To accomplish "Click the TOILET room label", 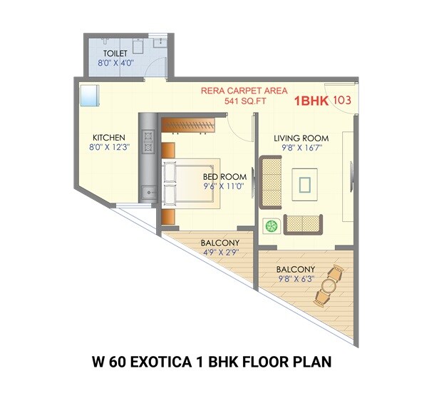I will click(x=115, y=54).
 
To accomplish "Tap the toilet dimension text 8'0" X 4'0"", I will click(x=115, y=64).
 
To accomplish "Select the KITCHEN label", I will click(x=109, y=138).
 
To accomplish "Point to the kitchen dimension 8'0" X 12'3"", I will click(x=109, y=148).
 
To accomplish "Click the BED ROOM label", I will click(x=224, y=177).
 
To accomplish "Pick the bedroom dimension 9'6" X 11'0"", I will click(x=224, y=187).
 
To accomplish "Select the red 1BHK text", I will click(x=311, y=101).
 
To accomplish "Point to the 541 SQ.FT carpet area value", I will click(x=244, y=101).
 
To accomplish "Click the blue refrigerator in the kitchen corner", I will click(x=89, y=95).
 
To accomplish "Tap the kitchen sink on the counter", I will click(x=148, y=191).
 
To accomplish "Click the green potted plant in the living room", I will click(x=272, y=225).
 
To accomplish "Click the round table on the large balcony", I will click(x=328, y=287).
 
